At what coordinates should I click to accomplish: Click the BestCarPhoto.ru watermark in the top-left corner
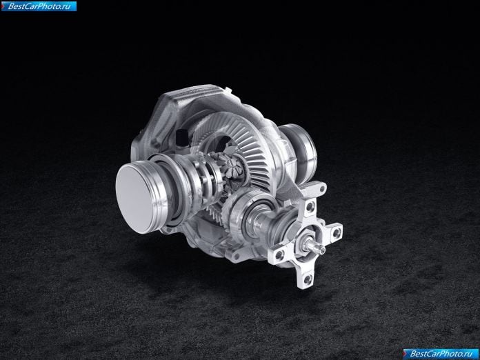point(39,6)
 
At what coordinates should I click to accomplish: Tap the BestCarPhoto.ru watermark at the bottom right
point(441,354)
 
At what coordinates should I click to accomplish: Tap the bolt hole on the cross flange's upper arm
point(310,206)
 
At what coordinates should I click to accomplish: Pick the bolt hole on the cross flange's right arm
point(336,232)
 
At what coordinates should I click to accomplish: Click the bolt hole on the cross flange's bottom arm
point(308,279)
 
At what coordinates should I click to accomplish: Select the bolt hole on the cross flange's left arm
point(279,254)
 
